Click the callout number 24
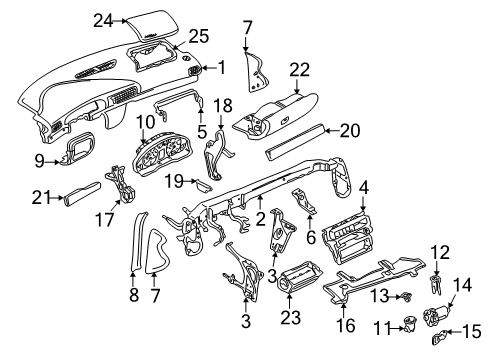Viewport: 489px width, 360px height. coord(103,21)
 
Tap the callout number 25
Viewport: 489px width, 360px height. coord(199,36)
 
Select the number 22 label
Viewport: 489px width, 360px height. coord(299,70)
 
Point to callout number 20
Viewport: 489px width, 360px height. coord(350,131)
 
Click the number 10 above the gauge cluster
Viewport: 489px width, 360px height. coord(146,122)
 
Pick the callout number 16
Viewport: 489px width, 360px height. coord(346,325)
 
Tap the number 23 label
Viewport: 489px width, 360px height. coord(290,317)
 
